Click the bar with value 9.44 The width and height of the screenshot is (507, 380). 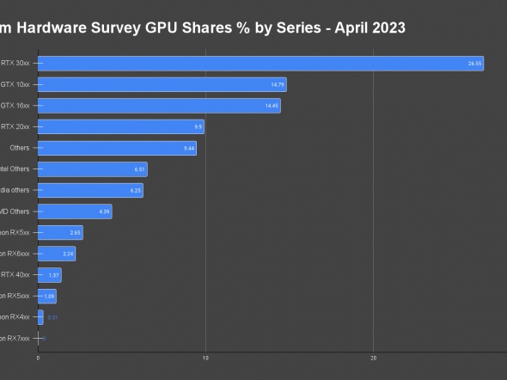click(x=116, y=148)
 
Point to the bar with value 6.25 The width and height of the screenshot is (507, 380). click(x=89, y=190)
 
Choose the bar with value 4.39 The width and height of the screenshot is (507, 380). click(x=73, y=211)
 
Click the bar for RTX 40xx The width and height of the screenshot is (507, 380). click(x=49, y=275)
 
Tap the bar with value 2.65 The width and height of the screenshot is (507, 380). click(x=59, y=232)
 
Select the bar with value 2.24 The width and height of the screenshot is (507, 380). click(x=56, y=254)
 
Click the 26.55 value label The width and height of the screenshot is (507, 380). click(x=474, y=64)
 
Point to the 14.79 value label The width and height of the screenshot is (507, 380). click(x=277, y=84)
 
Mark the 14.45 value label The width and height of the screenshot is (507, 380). click(x=272, y=106)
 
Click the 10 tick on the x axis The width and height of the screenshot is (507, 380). click(x=205, y=359)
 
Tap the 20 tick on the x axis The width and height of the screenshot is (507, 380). click(x=373, y=359)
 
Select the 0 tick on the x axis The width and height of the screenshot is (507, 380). click(x=38, y=359)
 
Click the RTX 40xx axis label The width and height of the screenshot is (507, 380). click(x=15, y=275)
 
